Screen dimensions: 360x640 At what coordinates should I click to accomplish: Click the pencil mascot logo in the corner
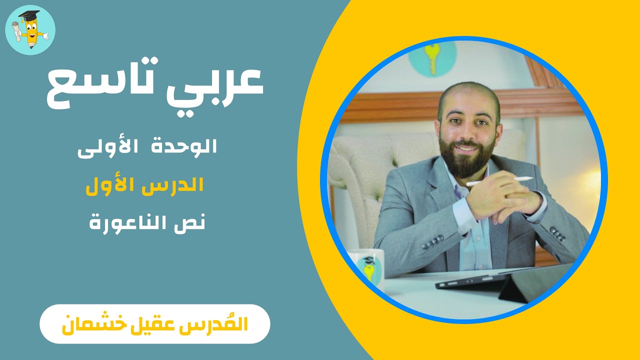click(x=30, y=30)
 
